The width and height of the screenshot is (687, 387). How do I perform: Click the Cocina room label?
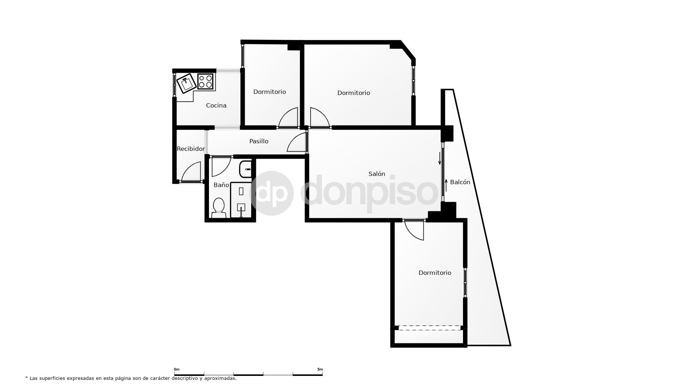coord(216,105)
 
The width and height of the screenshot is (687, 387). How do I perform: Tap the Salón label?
coord(377,174)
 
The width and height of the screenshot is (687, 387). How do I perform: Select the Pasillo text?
coord(259,141)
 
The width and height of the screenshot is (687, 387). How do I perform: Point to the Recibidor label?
coord(191,149)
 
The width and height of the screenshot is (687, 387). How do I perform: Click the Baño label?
coord(221,185)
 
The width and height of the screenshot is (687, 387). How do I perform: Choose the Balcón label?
coord(460,182)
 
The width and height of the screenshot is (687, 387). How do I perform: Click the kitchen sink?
coord(186,83)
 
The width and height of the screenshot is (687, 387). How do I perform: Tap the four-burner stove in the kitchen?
coord(205,81)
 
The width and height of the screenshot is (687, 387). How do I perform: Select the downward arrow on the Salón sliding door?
coord(440,158)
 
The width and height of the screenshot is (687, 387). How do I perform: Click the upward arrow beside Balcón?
coord(446,185)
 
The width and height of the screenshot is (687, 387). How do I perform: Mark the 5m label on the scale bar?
coord(320,369)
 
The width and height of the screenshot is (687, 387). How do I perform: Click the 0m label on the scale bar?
coord(176,369)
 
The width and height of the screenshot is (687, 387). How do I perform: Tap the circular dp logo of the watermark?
coord(271,193)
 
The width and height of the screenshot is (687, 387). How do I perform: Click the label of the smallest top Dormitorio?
coord(269,92)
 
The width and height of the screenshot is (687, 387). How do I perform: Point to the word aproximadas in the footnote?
coord(220,378)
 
